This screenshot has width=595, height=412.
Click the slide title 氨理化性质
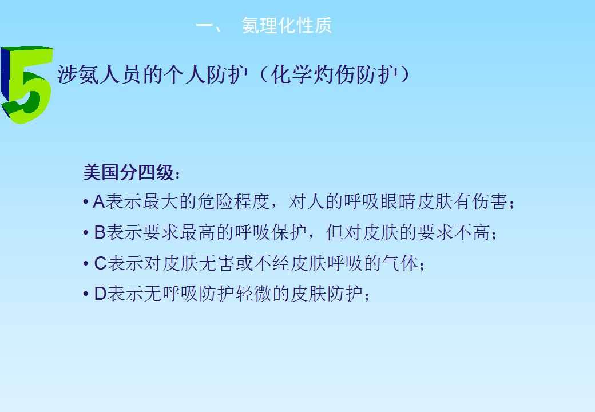click(x=287, y=25)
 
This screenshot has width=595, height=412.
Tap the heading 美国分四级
click(x=129, y=172)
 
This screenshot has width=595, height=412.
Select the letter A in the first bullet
click(x=98, y=201)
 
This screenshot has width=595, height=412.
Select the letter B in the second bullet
click(x=100, y=232)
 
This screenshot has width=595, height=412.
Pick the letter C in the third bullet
click(x=100, y=263)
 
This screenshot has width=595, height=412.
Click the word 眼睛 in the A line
click(x=399, y=201)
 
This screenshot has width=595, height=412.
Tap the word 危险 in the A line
click(x=215, y=201)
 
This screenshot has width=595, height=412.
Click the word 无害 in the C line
click(x=216, y=263)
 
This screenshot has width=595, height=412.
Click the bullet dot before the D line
click(x=86, y=294)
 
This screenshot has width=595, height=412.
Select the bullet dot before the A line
click(x=86, y=201)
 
